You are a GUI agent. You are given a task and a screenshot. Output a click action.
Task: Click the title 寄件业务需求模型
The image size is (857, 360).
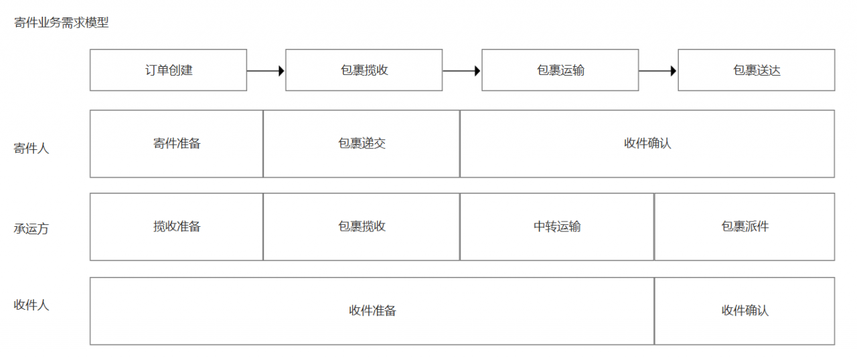[61, 23]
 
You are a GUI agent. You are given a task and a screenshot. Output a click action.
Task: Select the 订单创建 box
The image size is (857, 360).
[169, 70]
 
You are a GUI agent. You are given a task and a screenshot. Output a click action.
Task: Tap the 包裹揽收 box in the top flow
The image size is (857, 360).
[364, 70]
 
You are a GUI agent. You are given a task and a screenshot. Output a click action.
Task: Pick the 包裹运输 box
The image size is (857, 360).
[560, 70]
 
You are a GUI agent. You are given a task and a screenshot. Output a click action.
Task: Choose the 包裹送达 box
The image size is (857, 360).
[756, 70]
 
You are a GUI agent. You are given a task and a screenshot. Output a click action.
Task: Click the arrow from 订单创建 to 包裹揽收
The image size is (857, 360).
[266, 70]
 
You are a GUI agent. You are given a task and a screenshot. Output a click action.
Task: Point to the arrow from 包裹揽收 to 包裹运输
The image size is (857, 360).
[462, 70]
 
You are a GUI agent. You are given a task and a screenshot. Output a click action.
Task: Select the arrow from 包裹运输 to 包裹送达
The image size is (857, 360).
[658, 70]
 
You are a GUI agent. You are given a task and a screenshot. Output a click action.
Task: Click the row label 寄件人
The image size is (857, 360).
[31, 149]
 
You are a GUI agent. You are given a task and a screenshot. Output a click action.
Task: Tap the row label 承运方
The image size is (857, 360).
[31, 229]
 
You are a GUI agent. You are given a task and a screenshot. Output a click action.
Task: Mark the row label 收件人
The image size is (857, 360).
[31, 305]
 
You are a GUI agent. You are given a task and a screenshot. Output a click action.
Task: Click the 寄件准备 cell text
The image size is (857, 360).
[177, 143]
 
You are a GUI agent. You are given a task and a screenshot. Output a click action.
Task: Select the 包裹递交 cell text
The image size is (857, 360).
[362, 143]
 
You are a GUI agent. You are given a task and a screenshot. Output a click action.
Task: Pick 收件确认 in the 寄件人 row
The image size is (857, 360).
[647, 143]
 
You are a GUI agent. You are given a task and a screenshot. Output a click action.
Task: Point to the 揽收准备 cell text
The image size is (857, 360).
[177, 226]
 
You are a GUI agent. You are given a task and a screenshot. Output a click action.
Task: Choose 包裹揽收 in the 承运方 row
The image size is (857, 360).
[362, 226]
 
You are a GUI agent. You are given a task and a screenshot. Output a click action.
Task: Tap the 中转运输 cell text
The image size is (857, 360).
[557, 226]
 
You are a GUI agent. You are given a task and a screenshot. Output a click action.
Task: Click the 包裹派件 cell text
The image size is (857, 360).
[745, 226]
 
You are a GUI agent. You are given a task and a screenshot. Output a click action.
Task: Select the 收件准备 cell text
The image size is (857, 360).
[372, 310]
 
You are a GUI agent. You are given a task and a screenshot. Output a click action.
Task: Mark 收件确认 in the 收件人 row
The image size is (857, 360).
[745, 310]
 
